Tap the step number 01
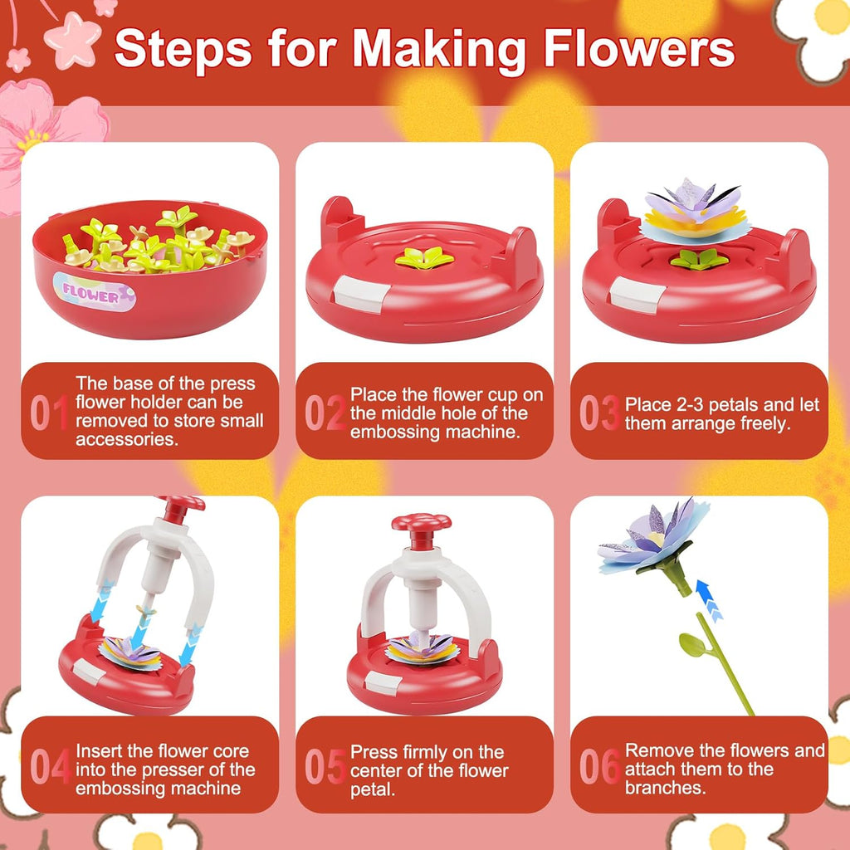[49, 413]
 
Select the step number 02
[324, 413]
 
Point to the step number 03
[598, 413]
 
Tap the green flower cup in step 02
[424, 259]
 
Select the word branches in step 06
[665, 787]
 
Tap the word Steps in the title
[183, 50]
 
